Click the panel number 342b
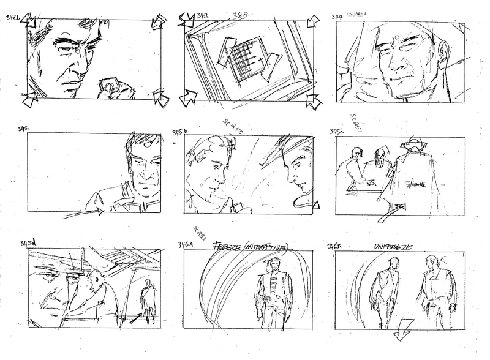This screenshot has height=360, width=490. click(12, 18)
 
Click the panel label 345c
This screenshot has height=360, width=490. click(337, 132)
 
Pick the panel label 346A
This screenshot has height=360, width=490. click(183, 245)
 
